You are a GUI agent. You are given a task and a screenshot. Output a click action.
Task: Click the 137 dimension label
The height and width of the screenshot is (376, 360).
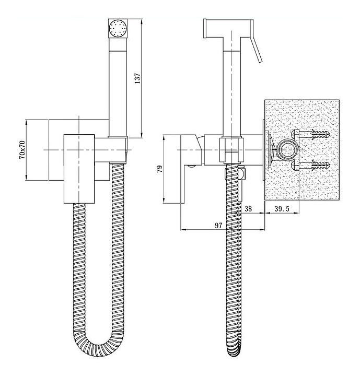[x=137, y=78]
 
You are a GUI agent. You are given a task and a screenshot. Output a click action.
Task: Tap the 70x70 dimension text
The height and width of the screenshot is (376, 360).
[x=22, y=150]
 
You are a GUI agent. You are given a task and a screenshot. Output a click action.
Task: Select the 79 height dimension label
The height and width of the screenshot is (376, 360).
[x=159, y=169]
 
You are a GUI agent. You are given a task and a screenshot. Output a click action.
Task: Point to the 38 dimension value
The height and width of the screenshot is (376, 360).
[x=248, y=209]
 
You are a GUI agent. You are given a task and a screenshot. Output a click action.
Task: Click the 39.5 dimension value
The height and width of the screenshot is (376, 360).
[x=282, y=209]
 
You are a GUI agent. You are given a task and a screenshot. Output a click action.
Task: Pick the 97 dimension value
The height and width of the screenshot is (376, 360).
[x=218, y=226]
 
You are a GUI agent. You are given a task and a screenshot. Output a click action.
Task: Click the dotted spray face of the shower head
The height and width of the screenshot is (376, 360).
[x=118, y=28]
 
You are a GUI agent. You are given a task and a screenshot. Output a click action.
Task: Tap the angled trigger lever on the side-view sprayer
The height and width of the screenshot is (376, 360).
[x=256, y=41]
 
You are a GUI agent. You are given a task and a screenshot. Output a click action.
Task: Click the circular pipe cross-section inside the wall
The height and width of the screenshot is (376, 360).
[x=287, y=150]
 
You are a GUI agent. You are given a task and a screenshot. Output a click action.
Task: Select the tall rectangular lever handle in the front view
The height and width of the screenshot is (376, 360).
[x=79, y=169]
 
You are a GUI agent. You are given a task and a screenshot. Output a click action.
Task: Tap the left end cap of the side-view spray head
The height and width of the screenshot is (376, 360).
[x=205, y=28]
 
